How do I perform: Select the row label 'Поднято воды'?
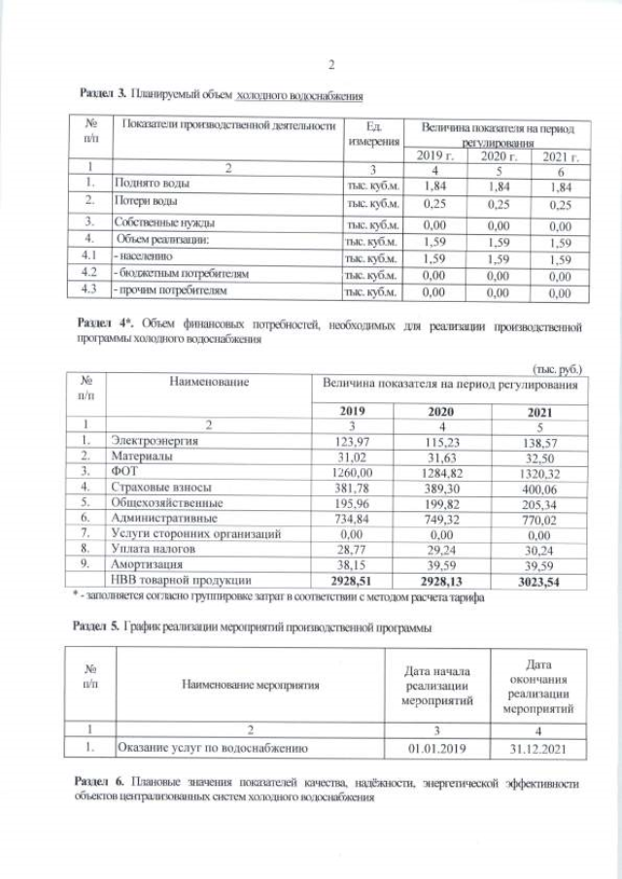click(152, 183)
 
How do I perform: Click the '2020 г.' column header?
click(492, 157)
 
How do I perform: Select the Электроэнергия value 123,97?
click(363, 441)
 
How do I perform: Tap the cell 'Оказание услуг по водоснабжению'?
click(212, 748)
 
